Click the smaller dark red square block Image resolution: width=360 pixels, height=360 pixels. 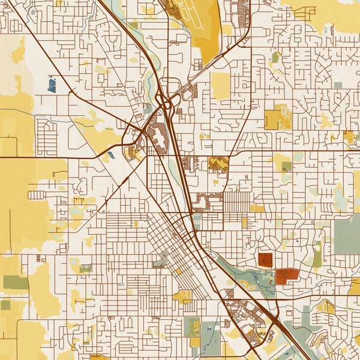tap(265, 260)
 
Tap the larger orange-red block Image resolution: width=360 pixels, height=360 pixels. tap(287, 276)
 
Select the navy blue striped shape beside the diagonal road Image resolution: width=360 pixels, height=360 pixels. tap(52, 84)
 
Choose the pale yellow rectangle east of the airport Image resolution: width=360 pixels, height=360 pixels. tap(220, 86)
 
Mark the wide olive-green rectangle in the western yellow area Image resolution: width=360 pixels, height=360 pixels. tap(16, 282)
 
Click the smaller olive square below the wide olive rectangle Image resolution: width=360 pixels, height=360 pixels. tap(5, 305)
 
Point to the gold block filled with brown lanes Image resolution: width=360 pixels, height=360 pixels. tap(218, 164)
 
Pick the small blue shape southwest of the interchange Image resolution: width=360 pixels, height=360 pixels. tap(108, 157)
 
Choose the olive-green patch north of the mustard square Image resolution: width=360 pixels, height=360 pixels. tap(275, 58)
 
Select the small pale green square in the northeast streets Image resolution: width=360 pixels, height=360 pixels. tap(338, 86)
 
